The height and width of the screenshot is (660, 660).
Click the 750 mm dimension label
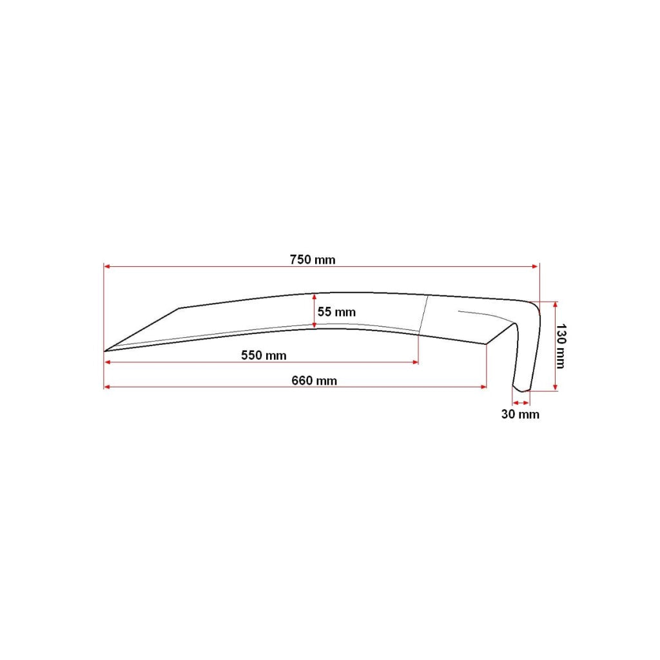[x=313, y=259]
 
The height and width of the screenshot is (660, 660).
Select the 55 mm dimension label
[x=336, y=312]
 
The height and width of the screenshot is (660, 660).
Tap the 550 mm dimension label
[x=264, y=355]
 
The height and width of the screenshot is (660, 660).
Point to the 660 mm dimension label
[x=314, y=380]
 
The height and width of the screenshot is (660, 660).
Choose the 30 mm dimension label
[x=520, y=414]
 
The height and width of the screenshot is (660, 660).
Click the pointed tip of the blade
[x=104, y=351]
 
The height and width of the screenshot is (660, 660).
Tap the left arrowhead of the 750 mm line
[x=107, y=266]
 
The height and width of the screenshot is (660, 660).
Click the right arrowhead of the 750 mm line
[x=536, y=266]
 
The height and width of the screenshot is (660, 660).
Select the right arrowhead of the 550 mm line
[x=416, y=362]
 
